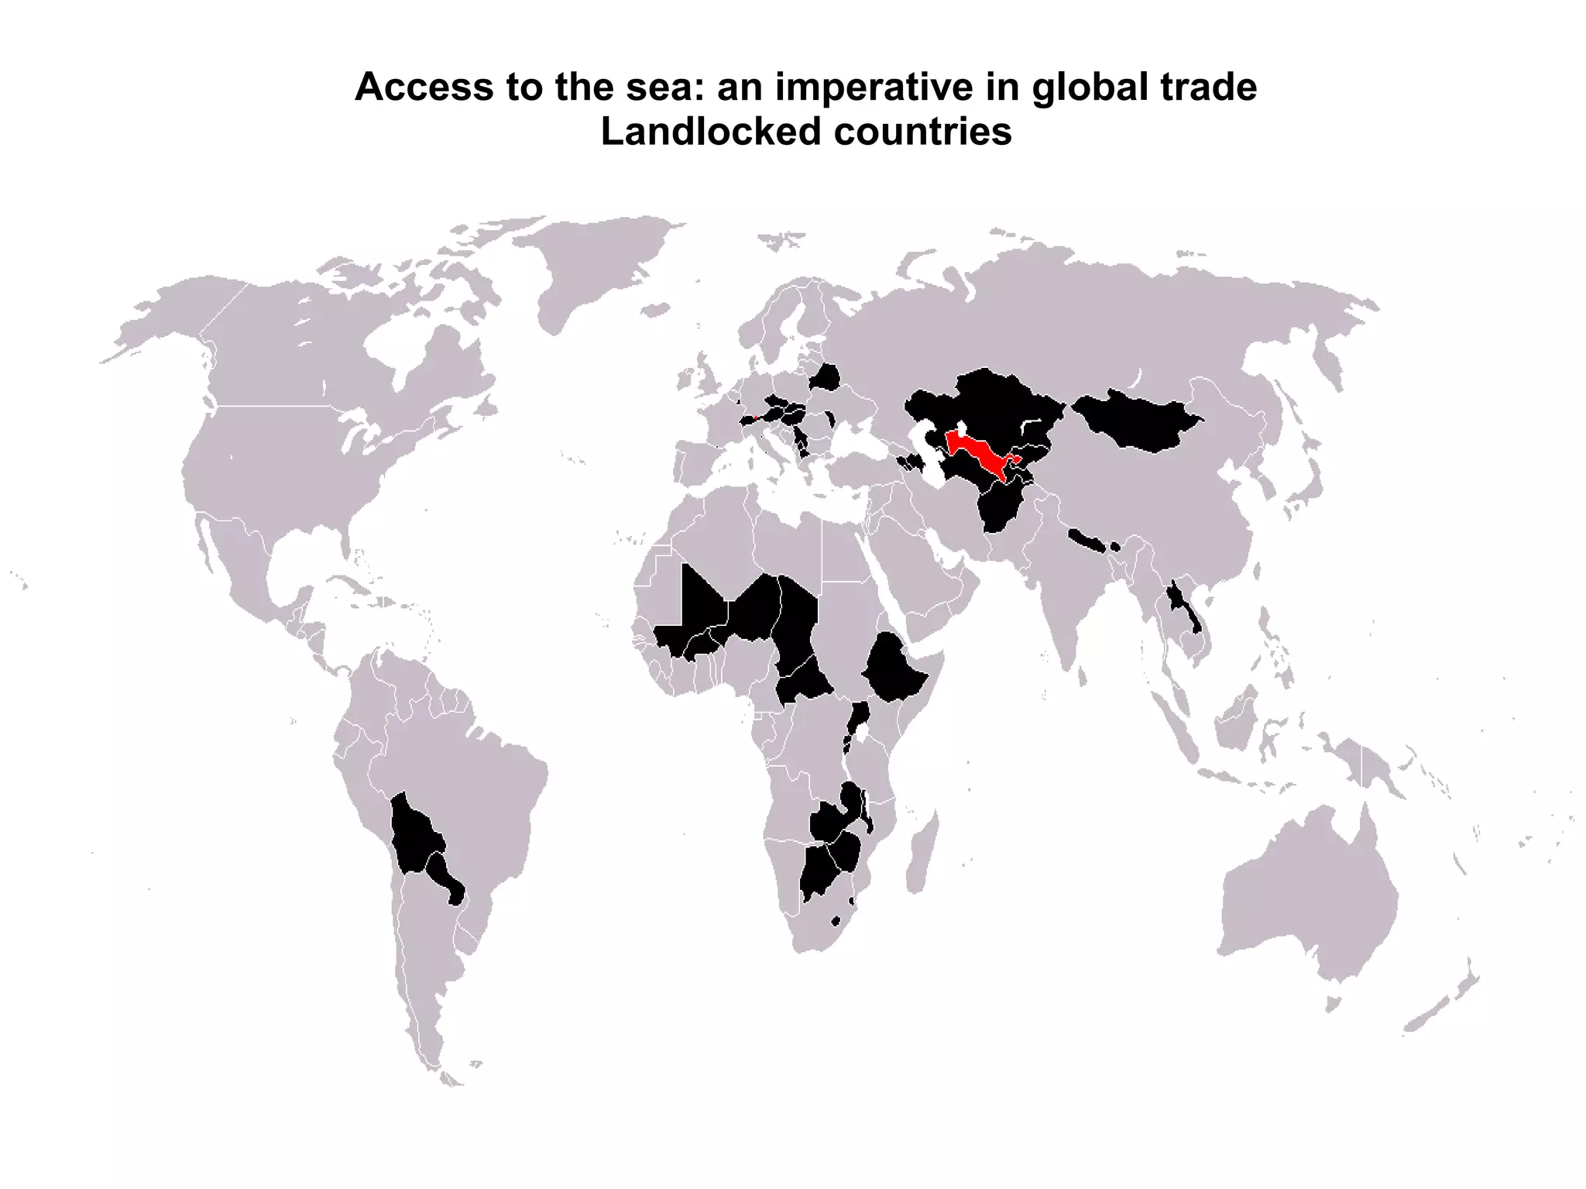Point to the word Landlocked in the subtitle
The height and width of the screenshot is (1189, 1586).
710,132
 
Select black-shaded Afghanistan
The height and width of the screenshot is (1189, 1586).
999,507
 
